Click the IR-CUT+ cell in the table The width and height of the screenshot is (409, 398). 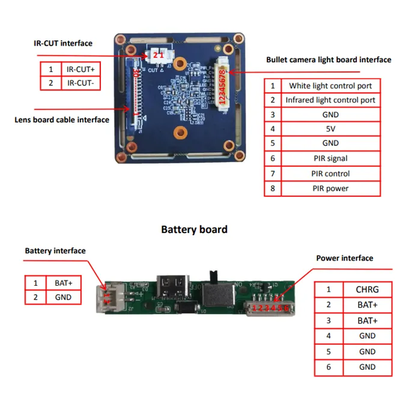point(80,69)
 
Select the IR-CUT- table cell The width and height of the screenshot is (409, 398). point(80,83)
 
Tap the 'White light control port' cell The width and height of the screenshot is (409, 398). point(330,86)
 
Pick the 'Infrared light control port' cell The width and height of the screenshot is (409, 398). point(330,100)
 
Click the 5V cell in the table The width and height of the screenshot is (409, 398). point(330,128)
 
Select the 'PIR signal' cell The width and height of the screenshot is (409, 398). point(330,158)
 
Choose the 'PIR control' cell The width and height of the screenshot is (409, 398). point(330,173)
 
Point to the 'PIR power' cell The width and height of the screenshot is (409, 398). point(330,188)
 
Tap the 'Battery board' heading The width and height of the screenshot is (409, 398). point(194,229)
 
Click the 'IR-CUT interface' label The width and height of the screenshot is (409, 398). point(63,43)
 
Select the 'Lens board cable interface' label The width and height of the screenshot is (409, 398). point(62,119)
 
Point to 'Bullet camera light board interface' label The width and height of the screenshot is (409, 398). point(329,59)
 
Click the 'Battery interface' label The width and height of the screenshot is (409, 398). point(55,251)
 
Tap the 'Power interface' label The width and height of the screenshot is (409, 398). point(345,258)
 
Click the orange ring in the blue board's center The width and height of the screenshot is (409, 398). point(178,133)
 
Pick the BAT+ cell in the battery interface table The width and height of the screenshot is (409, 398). point(63,282)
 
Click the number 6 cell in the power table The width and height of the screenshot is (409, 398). point(329,367)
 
